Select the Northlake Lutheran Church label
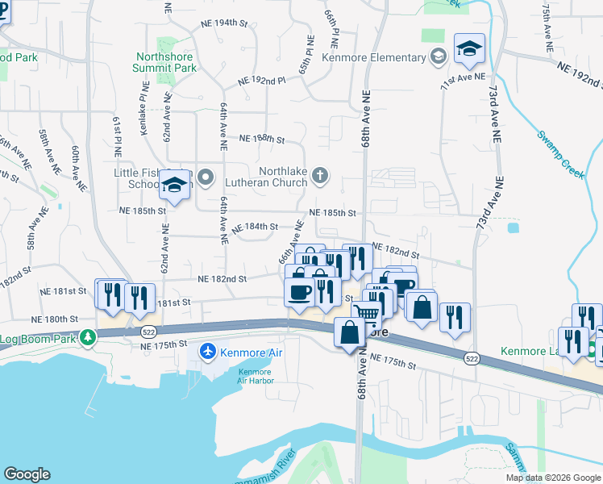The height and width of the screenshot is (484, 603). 284,177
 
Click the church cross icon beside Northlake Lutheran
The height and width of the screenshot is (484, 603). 320,175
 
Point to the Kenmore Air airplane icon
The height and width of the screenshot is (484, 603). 208,353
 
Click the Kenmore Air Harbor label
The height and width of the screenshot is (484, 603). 255,376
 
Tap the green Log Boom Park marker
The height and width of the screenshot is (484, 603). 95,338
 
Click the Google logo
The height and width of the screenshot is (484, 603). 27,474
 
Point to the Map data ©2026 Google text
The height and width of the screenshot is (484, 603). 552,478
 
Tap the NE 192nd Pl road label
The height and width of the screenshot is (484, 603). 262,81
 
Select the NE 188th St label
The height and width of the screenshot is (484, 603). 262,139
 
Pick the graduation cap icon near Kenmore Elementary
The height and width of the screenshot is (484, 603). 468,50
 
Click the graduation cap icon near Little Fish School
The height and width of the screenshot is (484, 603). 174,186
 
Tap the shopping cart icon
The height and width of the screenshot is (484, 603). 366,314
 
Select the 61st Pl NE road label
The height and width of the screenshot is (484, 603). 118,135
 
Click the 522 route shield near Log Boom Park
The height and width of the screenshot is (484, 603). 147,332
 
